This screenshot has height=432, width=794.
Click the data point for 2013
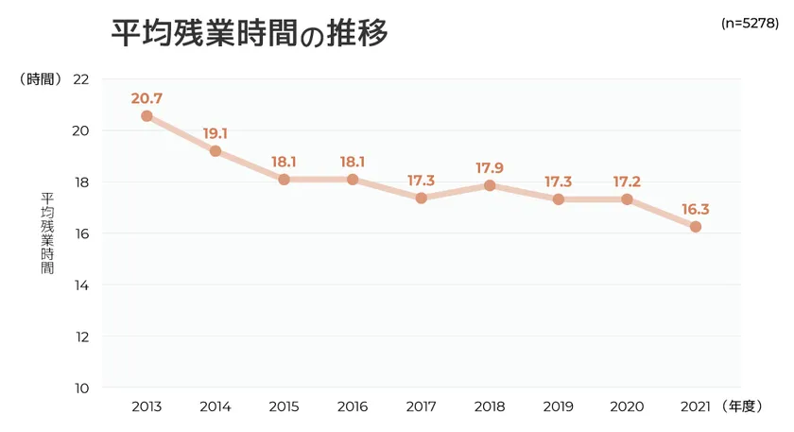pyautogui.click(x=147, y=116)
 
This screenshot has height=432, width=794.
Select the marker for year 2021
pyautogui.click(x=696, y=227)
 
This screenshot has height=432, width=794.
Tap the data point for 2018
pyautogui.click(x=490, y=185)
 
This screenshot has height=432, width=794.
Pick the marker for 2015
pyautogui.click(x=284, y=180)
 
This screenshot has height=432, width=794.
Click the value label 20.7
pyautogui.click(x=147, y=97)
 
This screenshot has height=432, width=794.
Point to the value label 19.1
pyautogui.click(x=216, y=133)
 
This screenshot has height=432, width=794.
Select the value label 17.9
pyautogui.click(x=490, y=168)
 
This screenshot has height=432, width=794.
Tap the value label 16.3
pyautogui.click(x=696, y=209)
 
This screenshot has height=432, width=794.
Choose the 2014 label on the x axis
pyautogui.click(x=216, y=406)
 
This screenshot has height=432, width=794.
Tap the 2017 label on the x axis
pyautogui.click(x=422, y=406)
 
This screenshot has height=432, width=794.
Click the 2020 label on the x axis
pyautogui.click(x=627, y=406)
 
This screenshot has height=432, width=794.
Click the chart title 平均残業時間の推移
pyautogui.click(x=250, y=34)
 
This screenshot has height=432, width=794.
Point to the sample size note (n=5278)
pyautogui.click(x=750, y=20)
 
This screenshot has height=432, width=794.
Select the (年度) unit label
pyautogui.click(x=740, y=406)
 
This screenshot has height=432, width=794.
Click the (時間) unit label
pyautogui.click(x=41, y=79)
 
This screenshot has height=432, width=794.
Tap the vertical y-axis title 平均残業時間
pyautogui.click(x=47, y=233)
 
